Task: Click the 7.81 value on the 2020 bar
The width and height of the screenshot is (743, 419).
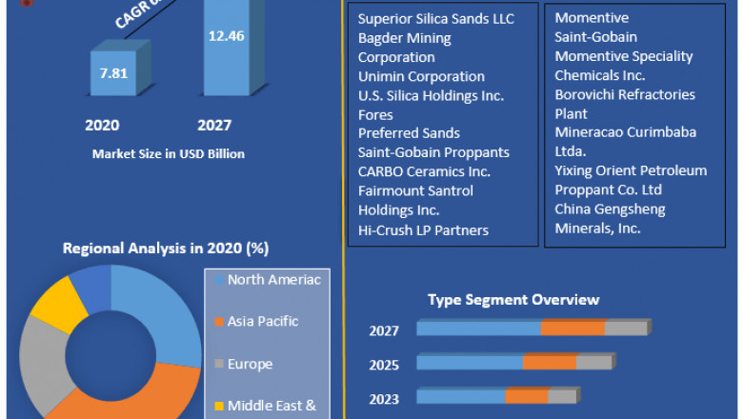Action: point(113,72)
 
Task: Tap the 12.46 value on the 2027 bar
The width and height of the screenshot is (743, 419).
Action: point(227,36)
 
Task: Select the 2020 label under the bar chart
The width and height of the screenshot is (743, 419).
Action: point(102,125)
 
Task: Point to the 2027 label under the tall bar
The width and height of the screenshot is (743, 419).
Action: point(214,125)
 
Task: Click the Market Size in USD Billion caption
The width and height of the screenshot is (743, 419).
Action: point(169,153)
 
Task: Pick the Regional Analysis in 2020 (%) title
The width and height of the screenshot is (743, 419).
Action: point(166,249)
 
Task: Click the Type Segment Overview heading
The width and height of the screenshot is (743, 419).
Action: point(513,300)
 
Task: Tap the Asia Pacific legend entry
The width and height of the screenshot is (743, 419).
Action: point(262,322)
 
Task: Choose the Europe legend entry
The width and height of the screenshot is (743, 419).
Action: point(250,364)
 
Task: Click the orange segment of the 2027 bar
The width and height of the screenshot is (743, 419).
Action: point(572,329)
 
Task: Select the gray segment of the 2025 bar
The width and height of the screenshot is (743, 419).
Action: point(594,363)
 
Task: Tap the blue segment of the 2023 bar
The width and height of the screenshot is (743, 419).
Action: point(461,396)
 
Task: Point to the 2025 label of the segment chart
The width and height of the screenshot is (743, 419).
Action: point(384,365)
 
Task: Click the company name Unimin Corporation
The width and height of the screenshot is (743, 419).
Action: point(421,76)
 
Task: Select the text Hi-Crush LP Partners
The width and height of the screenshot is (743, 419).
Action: point(423,229)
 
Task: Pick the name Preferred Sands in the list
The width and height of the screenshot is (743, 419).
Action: point(409,133)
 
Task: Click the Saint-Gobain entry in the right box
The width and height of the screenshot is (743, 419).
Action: point(596,37)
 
